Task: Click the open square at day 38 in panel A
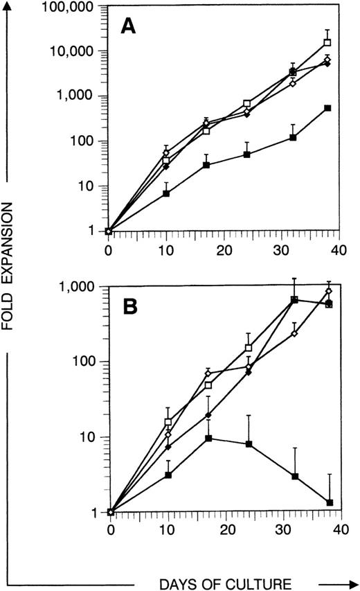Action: pos(327,43)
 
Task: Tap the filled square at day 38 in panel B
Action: pos(330,502)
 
